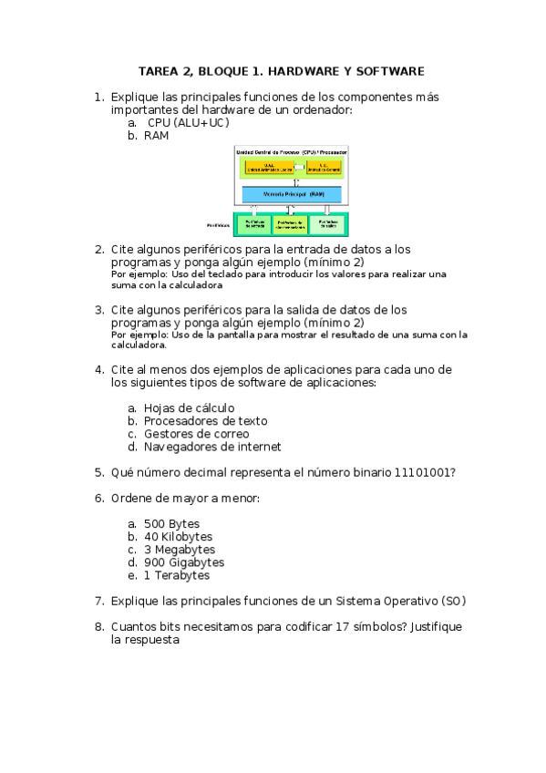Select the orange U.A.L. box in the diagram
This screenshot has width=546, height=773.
268,167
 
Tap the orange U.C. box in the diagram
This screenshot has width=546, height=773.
324,167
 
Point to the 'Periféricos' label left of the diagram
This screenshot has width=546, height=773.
220,223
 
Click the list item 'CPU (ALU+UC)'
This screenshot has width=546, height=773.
189,123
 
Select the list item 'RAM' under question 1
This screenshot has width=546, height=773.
156,136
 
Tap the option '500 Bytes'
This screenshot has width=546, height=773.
171,524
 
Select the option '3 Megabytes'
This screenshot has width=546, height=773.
180,550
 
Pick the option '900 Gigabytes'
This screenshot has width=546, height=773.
184,562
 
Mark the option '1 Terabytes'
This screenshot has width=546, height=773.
177,575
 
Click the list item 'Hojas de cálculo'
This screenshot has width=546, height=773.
189,408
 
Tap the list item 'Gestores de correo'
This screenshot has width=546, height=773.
196,434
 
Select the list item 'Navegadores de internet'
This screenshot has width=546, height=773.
212,447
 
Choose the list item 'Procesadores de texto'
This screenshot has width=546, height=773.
205,421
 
